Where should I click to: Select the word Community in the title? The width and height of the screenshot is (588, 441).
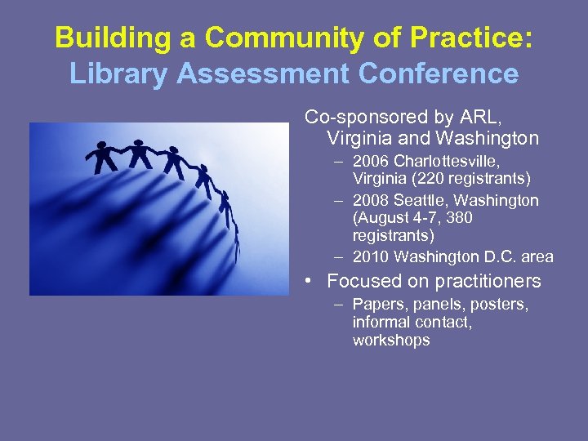click(x=285, y=38)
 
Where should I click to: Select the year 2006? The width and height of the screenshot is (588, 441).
click(x=371, y=160)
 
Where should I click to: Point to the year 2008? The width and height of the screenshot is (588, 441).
click(x=371, y=200)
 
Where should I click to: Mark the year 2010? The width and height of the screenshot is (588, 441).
click(x=371, y=257)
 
